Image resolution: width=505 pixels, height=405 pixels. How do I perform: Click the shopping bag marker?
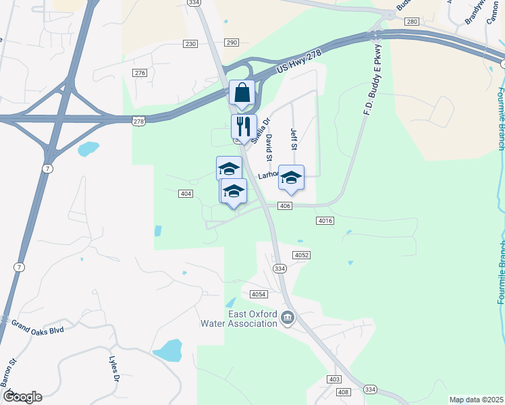(x=242, y=93)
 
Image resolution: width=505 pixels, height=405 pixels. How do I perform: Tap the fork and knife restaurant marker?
(x=244, y=126)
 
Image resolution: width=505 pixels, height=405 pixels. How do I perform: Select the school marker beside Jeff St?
(x=291, y=178)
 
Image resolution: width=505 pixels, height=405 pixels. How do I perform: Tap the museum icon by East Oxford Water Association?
(x=288, y=318)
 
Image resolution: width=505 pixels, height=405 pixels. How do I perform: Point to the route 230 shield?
(x=190, y=44)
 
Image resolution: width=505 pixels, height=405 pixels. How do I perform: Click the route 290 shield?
(x=232, y=43)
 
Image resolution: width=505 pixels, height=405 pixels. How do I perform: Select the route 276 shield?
(x=140, y=73)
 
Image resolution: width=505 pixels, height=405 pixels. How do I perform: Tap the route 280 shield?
(x=412, y=22)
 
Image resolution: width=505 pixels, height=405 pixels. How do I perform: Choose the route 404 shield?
(x=186, y=194)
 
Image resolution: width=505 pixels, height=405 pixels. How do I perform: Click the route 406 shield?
(x=284, y=205)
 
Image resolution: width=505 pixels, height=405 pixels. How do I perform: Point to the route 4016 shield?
(x=323, y=221)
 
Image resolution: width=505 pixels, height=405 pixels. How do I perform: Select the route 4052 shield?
(x=301, y=254)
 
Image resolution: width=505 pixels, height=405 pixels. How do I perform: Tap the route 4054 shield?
(x=258, y=294)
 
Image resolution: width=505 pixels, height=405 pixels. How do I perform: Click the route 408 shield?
(x=343, y=392)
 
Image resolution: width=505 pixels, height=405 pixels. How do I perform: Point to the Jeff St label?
(x=294, y=139)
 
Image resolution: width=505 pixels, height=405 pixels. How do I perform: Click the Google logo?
(x=22, y=397)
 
